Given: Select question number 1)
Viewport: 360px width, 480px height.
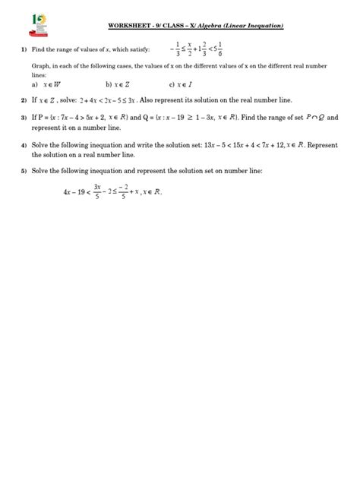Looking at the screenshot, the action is pyautogui.click(x=24, y=50).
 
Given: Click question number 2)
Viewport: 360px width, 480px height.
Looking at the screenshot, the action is pyautogui.click(x=24, y=100).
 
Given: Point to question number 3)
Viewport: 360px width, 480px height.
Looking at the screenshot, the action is pyautogui.click(x=24, y=118).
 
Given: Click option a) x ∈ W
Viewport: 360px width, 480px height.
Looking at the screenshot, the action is pyautogui.click(x=46, y=85).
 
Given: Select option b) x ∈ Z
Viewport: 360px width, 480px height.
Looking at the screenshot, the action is pyautogui.click(x=119, y=85).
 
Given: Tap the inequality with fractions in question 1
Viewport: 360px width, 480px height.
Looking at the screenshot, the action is pyautogui.click(x=229, y=50).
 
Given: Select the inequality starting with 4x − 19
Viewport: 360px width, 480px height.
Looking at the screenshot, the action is pyautogui.click(x=113, y=192).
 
